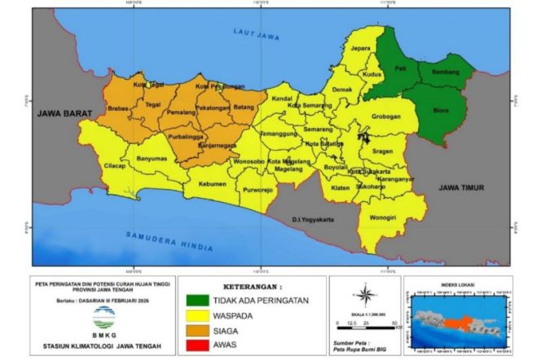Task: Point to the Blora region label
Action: click(x=441, y=109)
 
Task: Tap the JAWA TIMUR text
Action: click(x=462, y=187)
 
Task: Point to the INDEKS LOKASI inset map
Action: click(x=457, y=317)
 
